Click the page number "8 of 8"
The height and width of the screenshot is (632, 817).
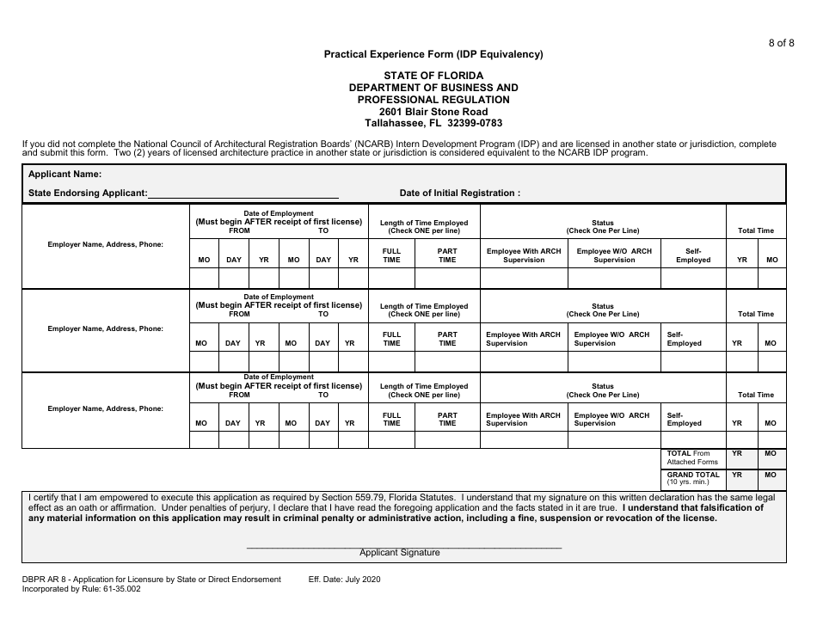pyautogui.click(x=780, y=43)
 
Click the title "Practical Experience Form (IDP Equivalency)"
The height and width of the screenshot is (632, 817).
pyautogui.click(x=433, y=54)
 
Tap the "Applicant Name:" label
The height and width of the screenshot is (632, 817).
pyautogui.click(x=65, y=175)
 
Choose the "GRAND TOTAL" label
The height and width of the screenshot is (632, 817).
pyautogui.click(x=693, y=475)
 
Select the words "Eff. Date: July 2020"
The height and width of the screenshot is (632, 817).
pyautogui.click(x=344, y=580)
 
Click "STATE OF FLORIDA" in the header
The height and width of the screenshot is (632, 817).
pyautogui.click(x=433, y=76)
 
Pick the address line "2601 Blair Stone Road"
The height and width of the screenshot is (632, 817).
pyautogui.click(x=433, y=112)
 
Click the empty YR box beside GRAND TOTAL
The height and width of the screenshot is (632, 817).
pyautogui.click(x=737, y=481)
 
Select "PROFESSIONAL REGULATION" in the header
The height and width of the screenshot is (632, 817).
pyautogui.click(x=433, y=100)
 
